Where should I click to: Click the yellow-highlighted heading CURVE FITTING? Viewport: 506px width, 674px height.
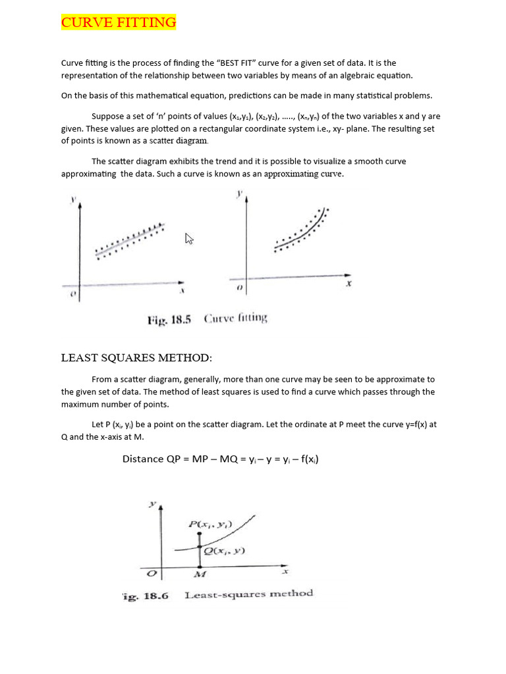(119, 23)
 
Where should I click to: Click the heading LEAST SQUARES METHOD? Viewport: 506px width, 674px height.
(136, 358)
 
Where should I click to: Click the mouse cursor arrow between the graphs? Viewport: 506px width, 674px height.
(190, 239)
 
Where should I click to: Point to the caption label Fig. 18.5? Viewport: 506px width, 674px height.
(169, 320)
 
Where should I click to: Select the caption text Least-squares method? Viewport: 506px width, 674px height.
(248, 594)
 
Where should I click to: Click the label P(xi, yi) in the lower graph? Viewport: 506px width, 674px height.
(210, 525)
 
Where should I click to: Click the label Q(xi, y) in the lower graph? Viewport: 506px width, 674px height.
(224, 551)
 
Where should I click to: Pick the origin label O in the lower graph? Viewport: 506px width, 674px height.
(152, 573)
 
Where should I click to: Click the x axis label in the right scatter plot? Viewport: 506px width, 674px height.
(349, 284)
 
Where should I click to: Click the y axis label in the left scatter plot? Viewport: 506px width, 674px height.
(73, 199)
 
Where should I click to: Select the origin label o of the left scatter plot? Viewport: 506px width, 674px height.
(72, 294)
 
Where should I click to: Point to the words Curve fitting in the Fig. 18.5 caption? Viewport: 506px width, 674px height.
(235, 319)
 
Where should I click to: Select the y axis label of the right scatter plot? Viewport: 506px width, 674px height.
(239, 194)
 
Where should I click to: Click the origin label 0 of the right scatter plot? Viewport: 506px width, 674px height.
(239, 288)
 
